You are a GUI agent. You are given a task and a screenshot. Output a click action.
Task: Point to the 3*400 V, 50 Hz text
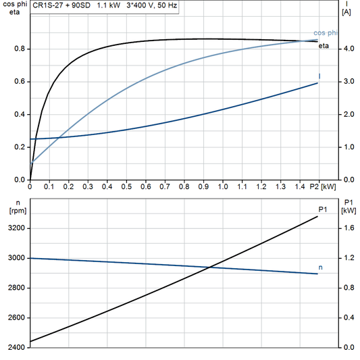[154, 5]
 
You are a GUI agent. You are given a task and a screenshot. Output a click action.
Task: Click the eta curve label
[324, 45]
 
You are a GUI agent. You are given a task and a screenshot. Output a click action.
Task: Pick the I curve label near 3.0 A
[319, 76]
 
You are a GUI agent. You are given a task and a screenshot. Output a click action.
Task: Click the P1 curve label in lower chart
[323, 210]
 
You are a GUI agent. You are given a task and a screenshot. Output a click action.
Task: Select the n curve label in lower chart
[320, 267]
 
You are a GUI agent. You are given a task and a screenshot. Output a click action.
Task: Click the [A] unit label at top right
[347, 12]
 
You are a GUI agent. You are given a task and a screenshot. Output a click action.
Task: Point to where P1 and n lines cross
[211, 267]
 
